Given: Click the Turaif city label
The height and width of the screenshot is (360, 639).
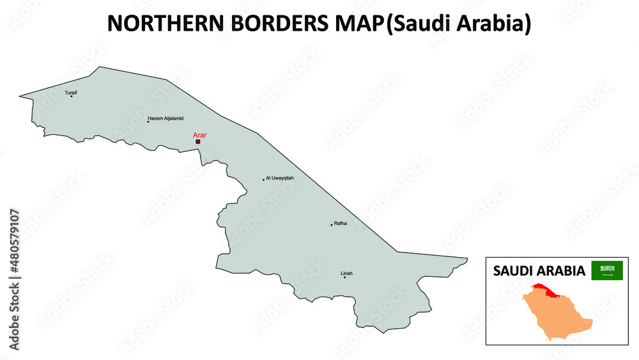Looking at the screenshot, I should click(70, 92).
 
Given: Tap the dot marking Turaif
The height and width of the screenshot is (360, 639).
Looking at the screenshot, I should click(72, 97).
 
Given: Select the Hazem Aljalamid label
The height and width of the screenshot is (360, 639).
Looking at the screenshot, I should click(166, 118).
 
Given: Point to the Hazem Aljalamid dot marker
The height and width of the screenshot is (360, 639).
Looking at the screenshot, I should click(148, 121).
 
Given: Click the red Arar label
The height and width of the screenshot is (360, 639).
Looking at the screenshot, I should click(199, 135).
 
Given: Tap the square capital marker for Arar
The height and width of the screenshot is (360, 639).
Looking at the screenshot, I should click(198, 142).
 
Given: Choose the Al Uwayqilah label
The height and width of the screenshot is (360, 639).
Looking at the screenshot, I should click(280, 178).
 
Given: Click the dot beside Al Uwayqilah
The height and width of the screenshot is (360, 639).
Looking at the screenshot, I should click(263, 180).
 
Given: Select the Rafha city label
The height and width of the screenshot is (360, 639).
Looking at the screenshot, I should click(340, 223).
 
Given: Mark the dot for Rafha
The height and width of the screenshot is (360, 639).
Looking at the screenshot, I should click(332, 224).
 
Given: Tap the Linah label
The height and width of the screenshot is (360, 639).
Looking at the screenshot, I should click(346, 273).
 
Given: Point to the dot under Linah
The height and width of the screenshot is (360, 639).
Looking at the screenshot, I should click(345, 278).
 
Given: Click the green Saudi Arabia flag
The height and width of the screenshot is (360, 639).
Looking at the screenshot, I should click(606, 270).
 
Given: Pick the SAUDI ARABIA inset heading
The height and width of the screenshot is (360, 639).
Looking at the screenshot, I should click(539, 271).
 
